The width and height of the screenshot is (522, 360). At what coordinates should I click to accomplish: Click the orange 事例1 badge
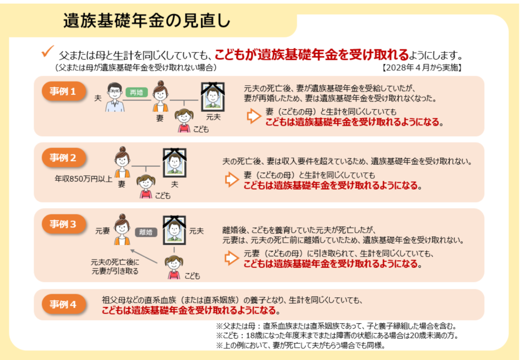pos(64,91)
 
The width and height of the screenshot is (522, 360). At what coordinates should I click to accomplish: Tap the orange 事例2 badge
pos(64,158)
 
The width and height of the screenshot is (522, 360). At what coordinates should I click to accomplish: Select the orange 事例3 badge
pos(64,224)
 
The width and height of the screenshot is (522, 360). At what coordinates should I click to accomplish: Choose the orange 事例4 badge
pos(64,304)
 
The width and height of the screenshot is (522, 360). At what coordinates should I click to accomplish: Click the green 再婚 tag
pos(137,92)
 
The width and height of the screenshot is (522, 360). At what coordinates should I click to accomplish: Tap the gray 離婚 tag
pos(146,232)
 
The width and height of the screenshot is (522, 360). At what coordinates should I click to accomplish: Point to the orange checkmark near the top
pos(47,52)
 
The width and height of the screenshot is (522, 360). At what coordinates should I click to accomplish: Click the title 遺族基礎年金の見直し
pos(147,20)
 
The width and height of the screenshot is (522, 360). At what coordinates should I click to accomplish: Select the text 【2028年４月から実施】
pos(422,68)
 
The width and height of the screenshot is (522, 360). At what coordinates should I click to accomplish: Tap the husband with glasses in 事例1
pos(115,97)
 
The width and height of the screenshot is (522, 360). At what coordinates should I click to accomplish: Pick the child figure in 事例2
pos(146,187)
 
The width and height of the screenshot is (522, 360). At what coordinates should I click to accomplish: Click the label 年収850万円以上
pos(83,179)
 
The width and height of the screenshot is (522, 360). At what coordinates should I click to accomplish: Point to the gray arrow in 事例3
pos(143,256)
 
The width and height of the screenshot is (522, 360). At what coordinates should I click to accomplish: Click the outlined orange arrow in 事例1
pos(254,116)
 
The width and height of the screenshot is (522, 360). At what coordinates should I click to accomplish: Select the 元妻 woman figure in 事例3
pos(122,229)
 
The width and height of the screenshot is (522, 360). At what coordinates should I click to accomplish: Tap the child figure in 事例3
pos(174,267)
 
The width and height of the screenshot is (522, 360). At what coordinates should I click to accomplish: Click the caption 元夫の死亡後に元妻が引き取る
pos(115,267)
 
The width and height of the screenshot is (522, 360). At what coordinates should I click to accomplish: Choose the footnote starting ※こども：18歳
pos(337,336)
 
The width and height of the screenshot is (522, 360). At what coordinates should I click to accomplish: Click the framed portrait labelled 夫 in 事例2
pos(174,163)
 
